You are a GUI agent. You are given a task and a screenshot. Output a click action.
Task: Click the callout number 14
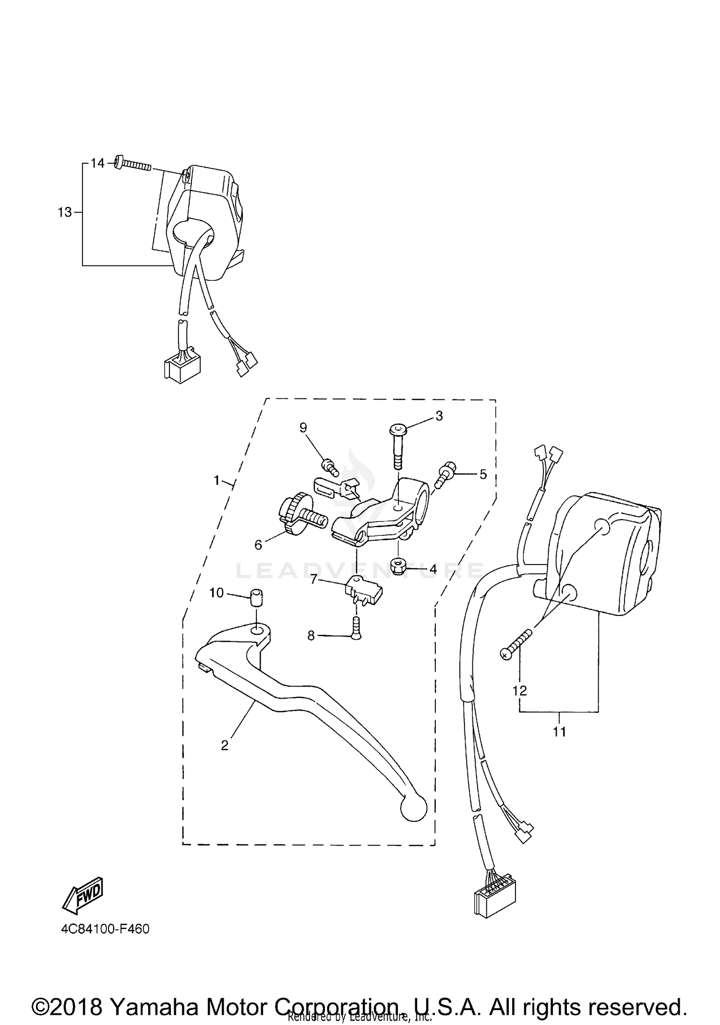pos(97,163)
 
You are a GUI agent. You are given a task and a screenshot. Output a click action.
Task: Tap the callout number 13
pos(65,212)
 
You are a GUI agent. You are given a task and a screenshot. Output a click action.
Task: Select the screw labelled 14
pos(133,164)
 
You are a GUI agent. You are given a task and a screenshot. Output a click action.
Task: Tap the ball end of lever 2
pos(413,808)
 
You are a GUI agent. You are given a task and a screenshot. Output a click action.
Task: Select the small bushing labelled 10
pos(257,599)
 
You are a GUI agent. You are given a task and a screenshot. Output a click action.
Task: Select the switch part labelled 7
pos(363,589)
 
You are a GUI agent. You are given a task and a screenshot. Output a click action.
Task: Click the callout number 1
pos(216,480)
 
